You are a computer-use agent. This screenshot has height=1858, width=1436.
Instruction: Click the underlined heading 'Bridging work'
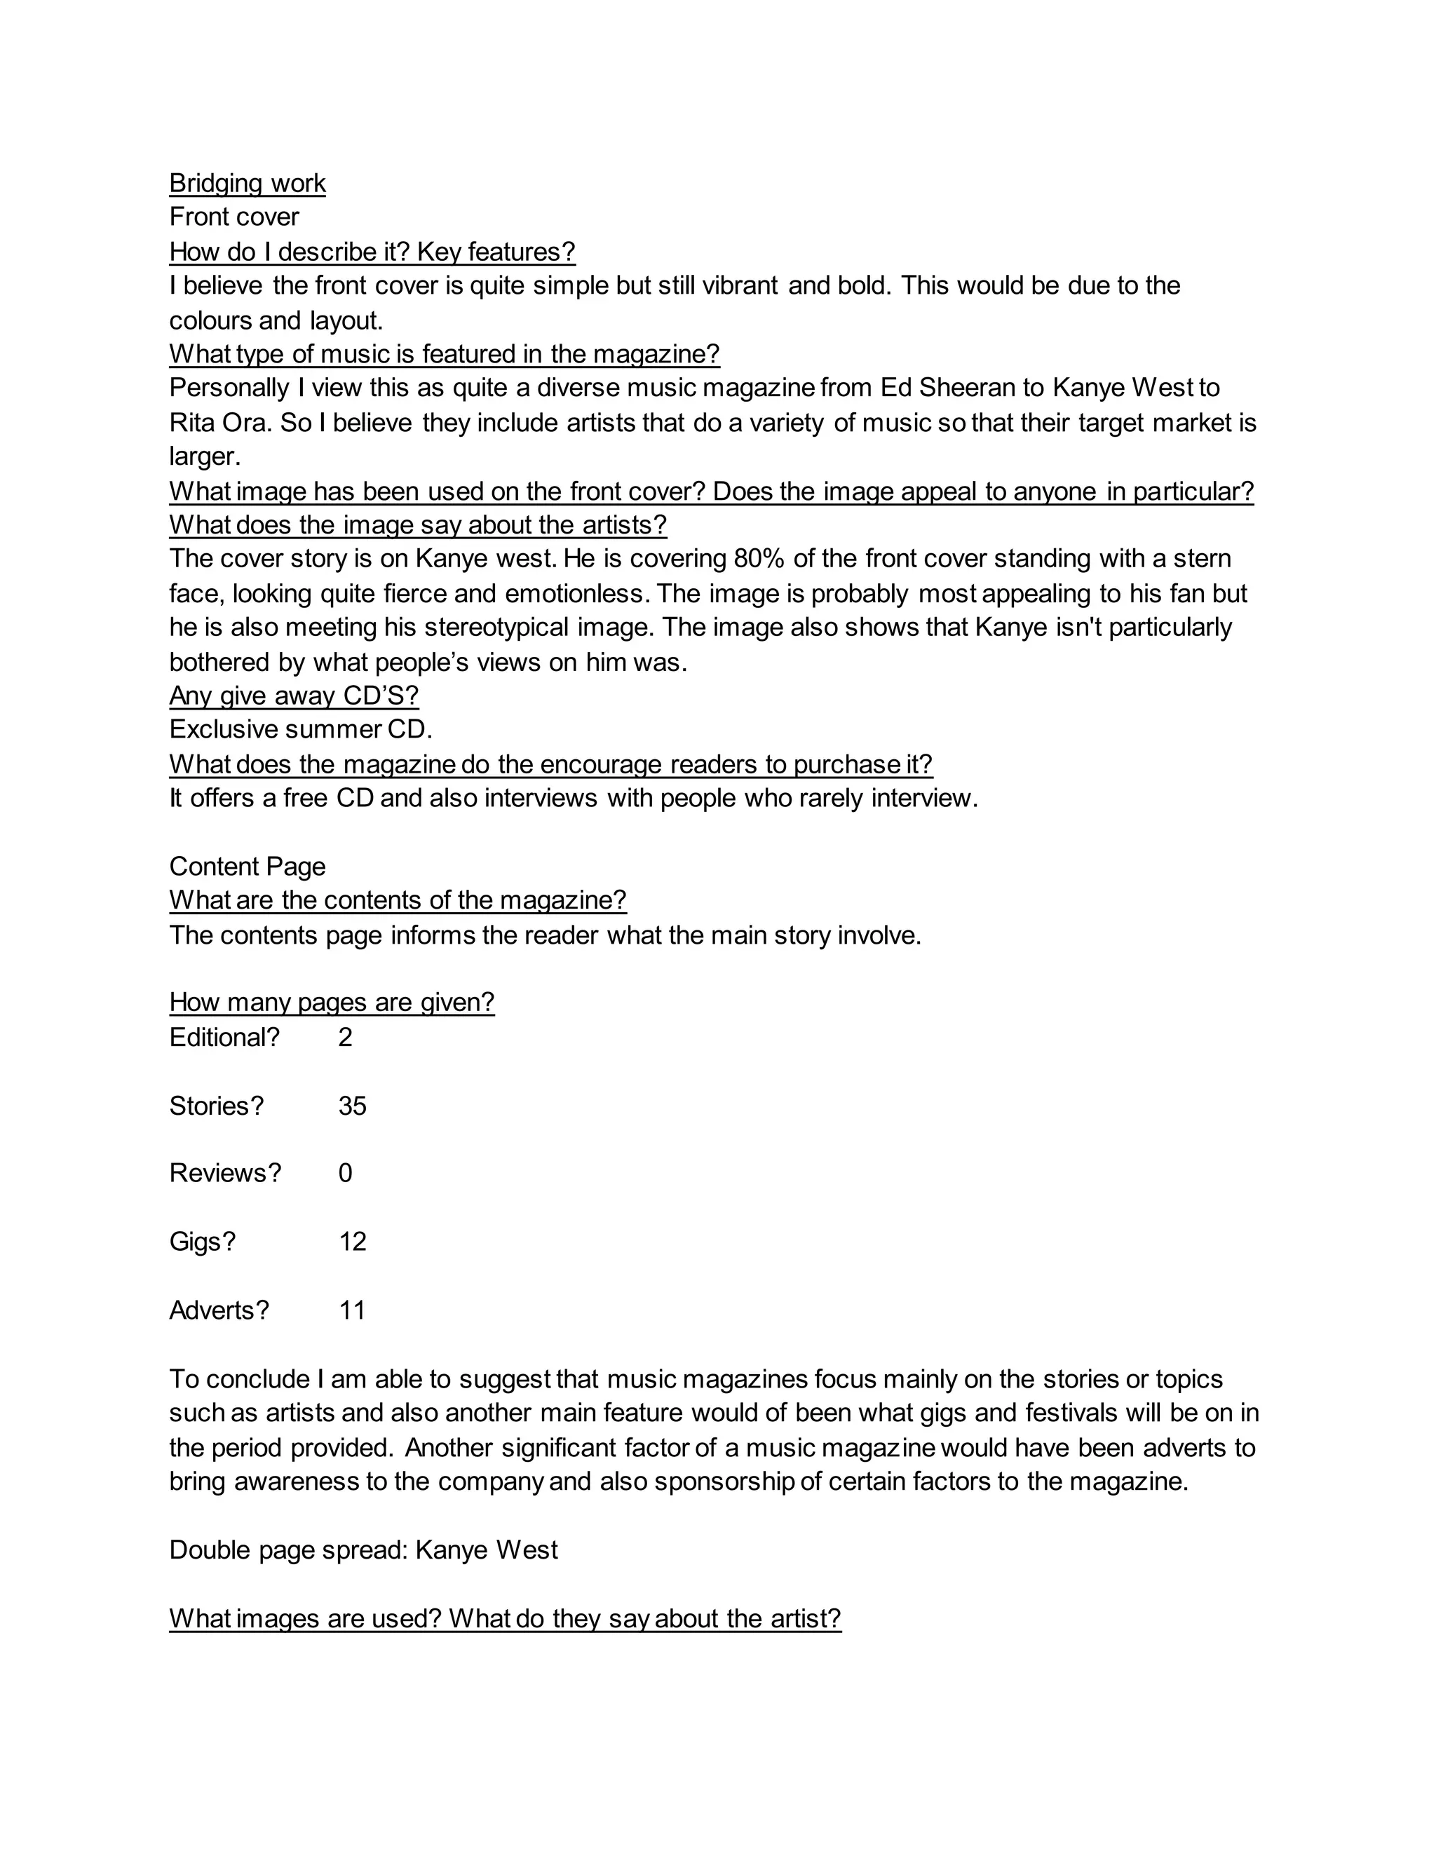click(x=247, y=183)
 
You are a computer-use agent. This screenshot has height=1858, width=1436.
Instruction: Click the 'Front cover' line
click(x=234, y=217)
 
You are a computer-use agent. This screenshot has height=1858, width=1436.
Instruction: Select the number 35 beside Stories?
click(x=352, y=1105)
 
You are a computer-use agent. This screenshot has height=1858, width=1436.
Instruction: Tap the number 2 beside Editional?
click(x=344, y=1037)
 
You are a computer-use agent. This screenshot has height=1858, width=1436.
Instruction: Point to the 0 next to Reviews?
click(x=344, y=1173)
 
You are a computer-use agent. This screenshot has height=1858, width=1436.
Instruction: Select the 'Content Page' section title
click(x=247, y=866)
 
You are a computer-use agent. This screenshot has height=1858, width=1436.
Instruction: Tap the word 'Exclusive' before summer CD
click(x=224, y=729)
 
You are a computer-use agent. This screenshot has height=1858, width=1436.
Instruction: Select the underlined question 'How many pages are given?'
click(x=332, y=1001)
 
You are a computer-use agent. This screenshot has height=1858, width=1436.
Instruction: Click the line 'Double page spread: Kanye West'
click(x=363, y=1550)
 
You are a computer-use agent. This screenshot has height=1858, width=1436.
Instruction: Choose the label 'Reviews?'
click(x=224, y=1173)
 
